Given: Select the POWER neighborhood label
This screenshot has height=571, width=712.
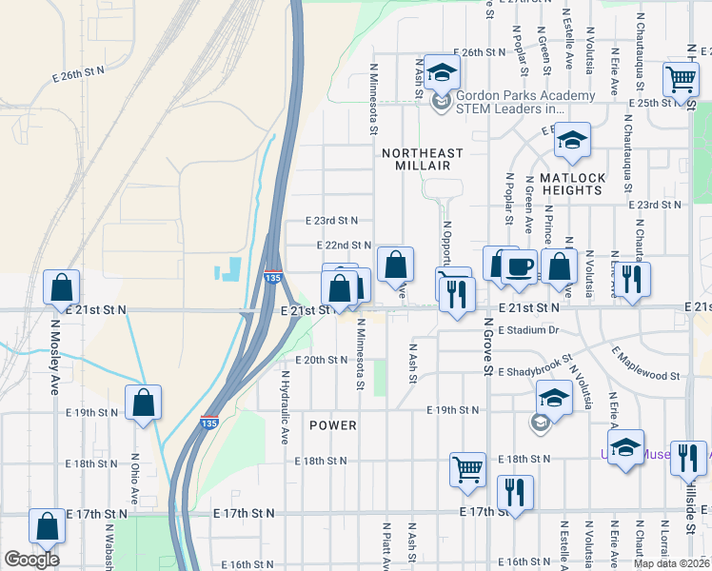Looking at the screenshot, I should (333, 425).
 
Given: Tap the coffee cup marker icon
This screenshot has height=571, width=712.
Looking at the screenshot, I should (519, 266).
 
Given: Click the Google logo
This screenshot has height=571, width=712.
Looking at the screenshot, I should (31, 560).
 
